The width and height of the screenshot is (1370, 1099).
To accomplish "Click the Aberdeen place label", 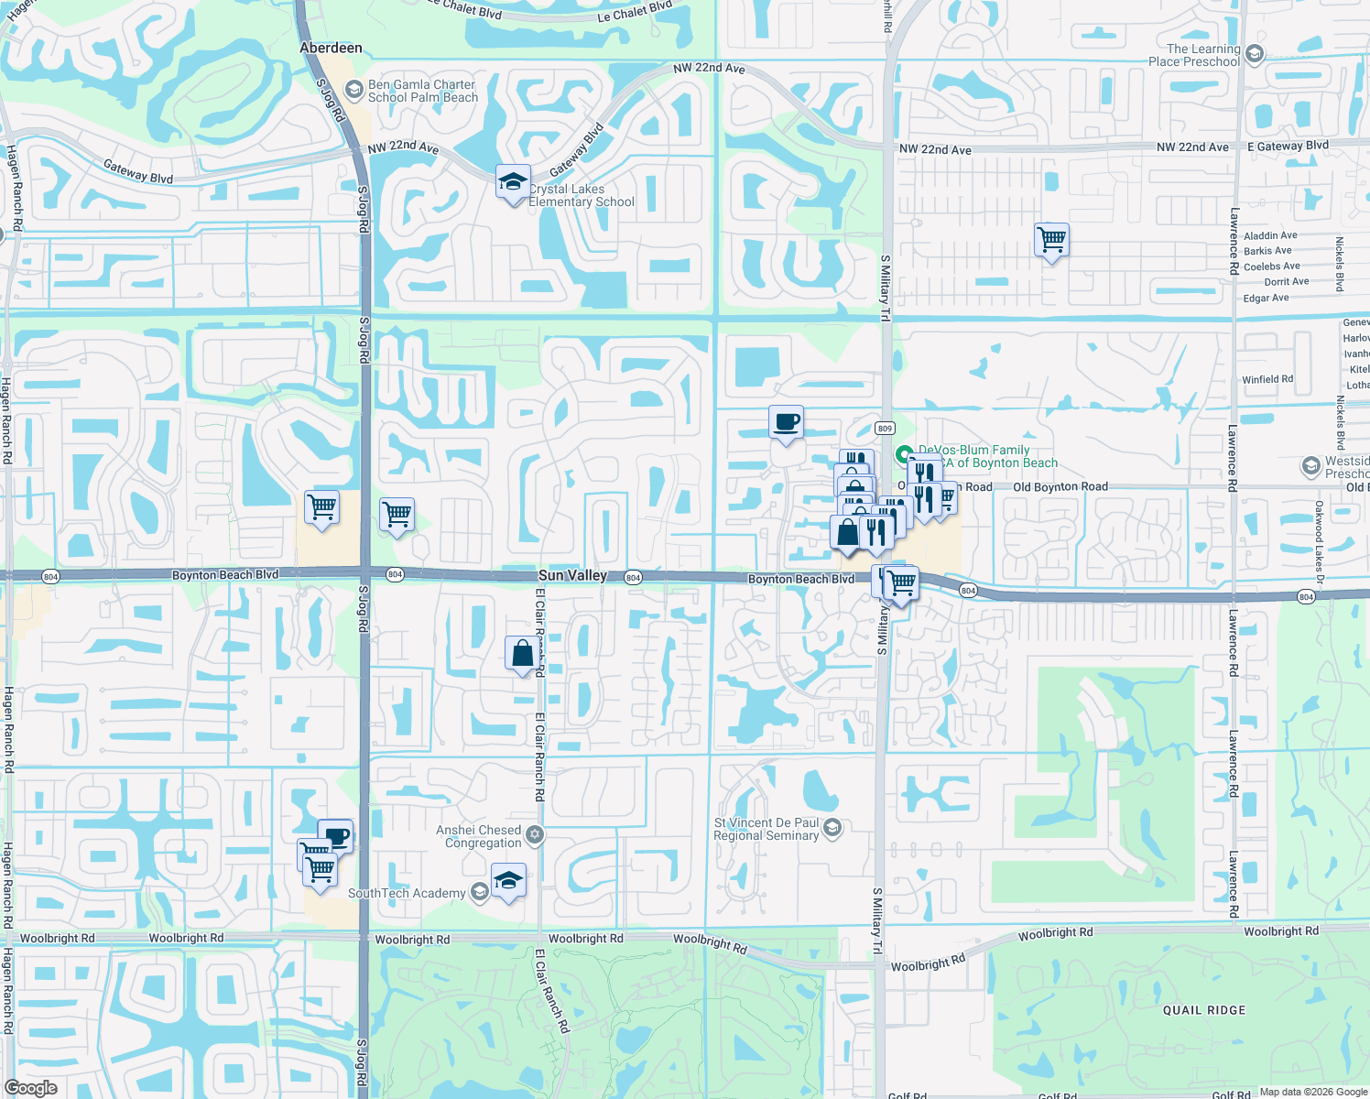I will pos(331,48).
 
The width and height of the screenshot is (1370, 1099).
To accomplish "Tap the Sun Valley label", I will pos(572,575).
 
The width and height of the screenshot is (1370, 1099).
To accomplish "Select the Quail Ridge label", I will pos(1204,1010).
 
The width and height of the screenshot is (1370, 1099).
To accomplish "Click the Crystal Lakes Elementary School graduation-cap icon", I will pos(513,181).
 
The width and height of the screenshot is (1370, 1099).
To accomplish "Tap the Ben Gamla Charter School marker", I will pos(353,90).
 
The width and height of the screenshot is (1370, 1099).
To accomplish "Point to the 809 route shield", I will pos(884,429).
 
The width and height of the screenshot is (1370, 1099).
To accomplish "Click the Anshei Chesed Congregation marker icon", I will pos(535,834).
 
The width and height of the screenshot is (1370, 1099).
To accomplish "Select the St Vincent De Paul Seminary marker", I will pos(832,828).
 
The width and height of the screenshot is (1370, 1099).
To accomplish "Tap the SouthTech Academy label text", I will pos(407,893).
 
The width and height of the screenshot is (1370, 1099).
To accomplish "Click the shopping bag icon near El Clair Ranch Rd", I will pos(523,654).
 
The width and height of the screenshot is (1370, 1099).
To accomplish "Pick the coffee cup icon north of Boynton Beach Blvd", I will pos(786,422).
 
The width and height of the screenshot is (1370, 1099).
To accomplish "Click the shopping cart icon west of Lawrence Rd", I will pos(1051,240).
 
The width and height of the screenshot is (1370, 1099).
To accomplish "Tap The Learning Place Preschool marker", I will pos(1255,54).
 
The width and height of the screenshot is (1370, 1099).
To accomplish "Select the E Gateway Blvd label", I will pos(1288,146).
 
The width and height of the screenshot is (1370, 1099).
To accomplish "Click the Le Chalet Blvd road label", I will pos(634,12).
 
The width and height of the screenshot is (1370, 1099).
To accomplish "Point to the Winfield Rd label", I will pos(1267,379).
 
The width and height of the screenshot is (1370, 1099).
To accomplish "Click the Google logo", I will pos(31,1087).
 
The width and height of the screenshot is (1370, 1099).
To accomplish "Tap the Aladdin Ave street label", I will pos(1270,235).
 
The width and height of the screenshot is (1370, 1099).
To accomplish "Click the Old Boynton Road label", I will pos(1060,487).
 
